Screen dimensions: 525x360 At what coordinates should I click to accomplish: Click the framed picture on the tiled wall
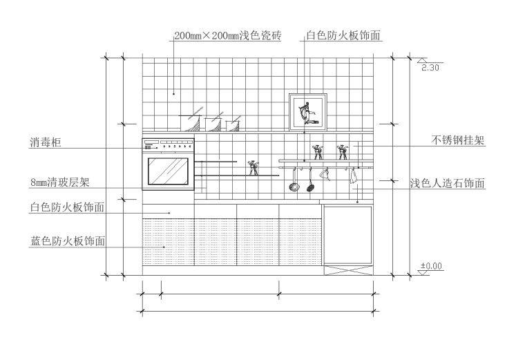click(x=307, y=111)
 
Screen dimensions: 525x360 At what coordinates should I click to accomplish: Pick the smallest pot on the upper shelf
click(x=233, y=124)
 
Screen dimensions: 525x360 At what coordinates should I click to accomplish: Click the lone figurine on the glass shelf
click(x=254, y=167)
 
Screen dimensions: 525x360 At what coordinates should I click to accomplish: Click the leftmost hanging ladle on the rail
click(x=294, y=181)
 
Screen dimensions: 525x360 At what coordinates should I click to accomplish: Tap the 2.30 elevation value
click(x=430, y=68)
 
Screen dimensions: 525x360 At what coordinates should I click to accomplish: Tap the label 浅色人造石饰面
click(x=448, y=183)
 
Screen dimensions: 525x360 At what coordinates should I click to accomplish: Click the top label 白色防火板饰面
click(x=343, y=35)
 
